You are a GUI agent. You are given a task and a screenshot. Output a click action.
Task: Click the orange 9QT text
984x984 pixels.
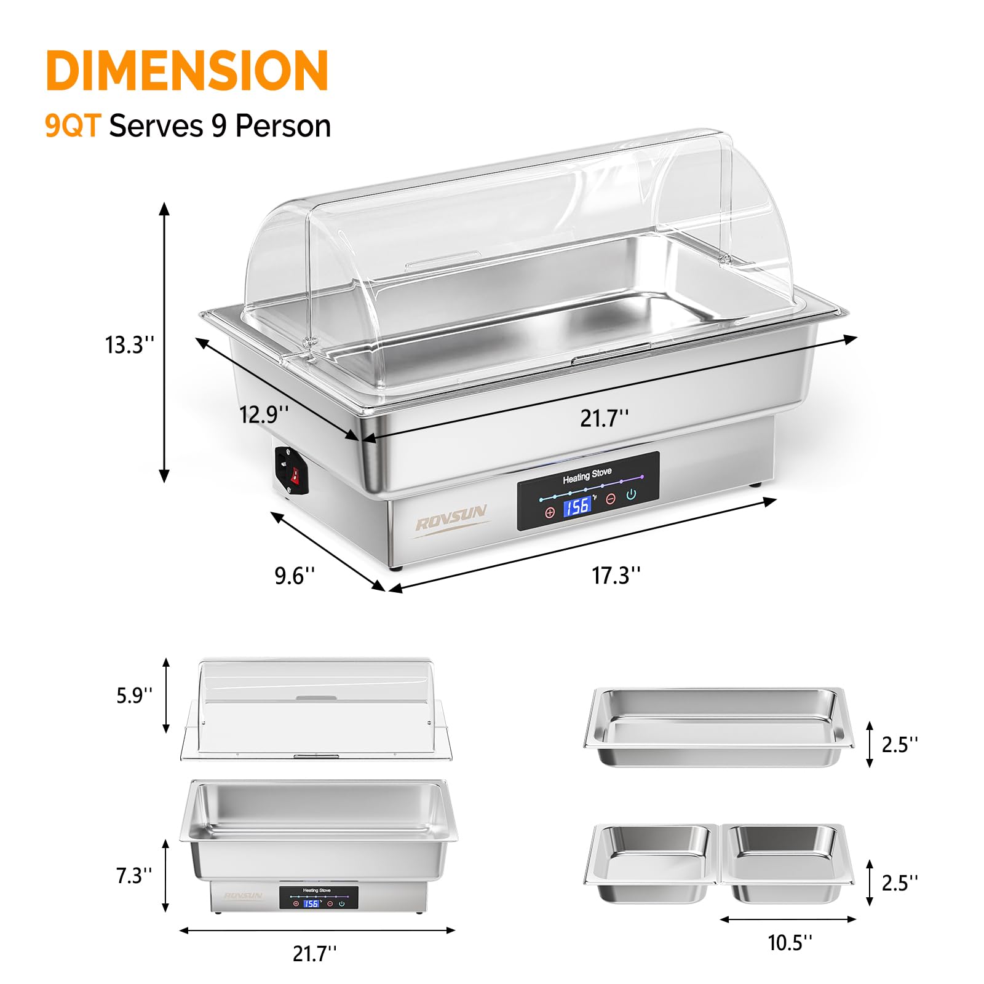(x=72, y=126)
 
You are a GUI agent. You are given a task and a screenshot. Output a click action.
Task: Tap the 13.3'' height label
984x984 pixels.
(x=129, y=345)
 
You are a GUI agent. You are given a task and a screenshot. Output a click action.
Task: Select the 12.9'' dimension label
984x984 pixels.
(x=264, y=415)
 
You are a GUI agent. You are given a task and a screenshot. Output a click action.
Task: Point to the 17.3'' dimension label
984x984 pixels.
(x=616, y=576)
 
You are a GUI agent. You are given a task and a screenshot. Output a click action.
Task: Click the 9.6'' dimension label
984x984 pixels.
(x=295, y=576)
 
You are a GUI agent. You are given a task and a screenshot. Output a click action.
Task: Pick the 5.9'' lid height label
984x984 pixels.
(x=134, y=696)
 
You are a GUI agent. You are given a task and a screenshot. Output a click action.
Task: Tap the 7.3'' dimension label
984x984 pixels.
(x=134, y=875)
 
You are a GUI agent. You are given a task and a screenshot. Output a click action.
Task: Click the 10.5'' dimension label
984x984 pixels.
(x=790, y=942)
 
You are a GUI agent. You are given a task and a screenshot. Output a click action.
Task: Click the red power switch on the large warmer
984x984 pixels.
(x=295, y=474)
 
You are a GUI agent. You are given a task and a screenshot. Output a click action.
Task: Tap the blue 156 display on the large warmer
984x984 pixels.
(x=577, y=506)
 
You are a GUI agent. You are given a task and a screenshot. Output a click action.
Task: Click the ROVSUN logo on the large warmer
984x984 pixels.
(x=451, y=517)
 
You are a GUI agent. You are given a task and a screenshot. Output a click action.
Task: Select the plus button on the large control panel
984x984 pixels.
(x=550, y=512)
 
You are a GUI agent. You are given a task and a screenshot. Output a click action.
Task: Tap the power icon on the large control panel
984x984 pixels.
(x=631, y=494)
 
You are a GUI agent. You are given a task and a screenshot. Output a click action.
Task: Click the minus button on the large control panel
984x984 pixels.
(x=610, y=499)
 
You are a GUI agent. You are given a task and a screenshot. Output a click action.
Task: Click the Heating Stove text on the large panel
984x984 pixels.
(x=587, y=475)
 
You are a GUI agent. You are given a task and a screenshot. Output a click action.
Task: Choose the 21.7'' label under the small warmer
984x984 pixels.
(x=314, y=953)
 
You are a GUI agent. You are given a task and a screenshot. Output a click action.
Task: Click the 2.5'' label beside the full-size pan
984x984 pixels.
(x=899, y=745)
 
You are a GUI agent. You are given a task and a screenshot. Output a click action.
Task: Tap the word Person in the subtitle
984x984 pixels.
(x=283, y=126)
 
